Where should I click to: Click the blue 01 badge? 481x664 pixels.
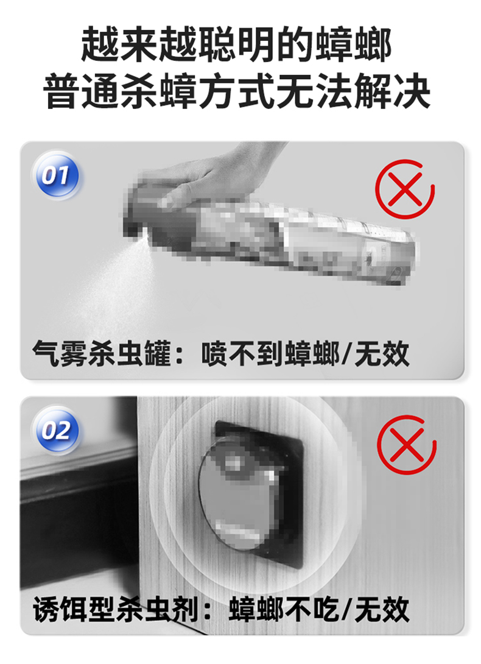[x=56, y=175]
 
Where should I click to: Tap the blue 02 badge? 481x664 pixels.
[x=56, y=431]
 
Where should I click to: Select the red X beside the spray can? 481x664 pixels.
[x=405, y=189]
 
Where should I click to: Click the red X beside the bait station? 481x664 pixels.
[x=406, y=444]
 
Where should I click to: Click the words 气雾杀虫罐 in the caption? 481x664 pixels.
[x=102, y=353]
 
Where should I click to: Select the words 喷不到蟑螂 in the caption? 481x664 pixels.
[x=270, y=353]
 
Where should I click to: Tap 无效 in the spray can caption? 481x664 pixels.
[x=382, y=353]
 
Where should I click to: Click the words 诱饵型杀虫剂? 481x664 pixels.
[x=116, y=609]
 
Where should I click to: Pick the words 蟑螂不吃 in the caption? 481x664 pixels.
[x=284, y=609]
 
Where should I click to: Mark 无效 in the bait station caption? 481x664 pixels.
[x=382, y=609]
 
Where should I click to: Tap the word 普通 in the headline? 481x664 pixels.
[x=82, y=91]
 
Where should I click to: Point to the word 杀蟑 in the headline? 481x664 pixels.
[x=159, y=91]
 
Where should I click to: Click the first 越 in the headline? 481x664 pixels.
[x=100, y=44]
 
